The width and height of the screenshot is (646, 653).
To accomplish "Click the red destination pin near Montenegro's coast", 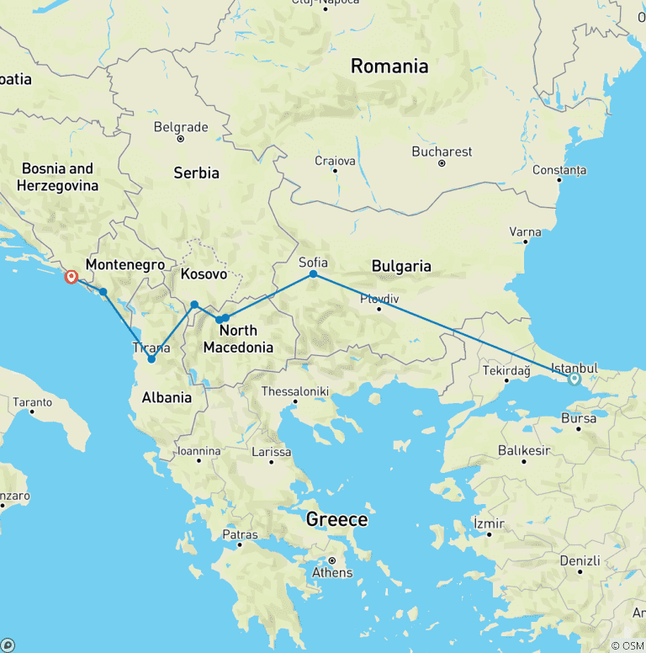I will pos(71,276).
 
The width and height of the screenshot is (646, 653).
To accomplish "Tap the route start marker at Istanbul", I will pos(575,379).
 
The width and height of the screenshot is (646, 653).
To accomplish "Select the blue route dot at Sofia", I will pos(313,274).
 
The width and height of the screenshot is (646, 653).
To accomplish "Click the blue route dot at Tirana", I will pos(151,359).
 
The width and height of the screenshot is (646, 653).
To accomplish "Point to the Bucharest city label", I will pos(442,152).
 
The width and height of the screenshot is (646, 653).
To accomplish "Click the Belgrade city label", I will pos(181,128).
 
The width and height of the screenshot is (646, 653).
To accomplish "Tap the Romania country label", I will pos(389,66).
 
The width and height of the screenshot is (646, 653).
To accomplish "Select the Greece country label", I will pos(336,519).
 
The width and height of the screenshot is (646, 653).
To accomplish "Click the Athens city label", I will pos(332,573).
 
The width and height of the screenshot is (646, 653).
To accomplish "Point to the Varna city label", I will pos(526,232).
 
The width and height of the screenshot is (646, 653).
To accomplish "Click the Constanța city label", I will pos(559,170).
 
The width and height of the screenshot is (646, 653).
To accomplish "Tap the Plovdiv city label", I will pos(379,299).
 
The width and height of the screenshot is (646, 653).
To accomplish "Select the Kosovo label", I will pos(204,274).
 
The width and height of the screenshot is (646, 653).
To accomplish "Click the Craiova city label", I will pos(335,161).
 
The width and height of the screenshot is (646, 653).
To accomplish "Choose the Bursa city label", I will pos(579,418).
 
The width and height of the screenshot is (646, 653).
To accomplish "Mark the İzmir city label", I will pos(489,523).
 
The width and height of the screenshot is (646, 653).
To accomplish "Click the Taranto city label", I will pos(33,403).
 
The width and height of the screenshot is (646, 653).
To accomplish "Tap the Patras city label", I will pos(240,534).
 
